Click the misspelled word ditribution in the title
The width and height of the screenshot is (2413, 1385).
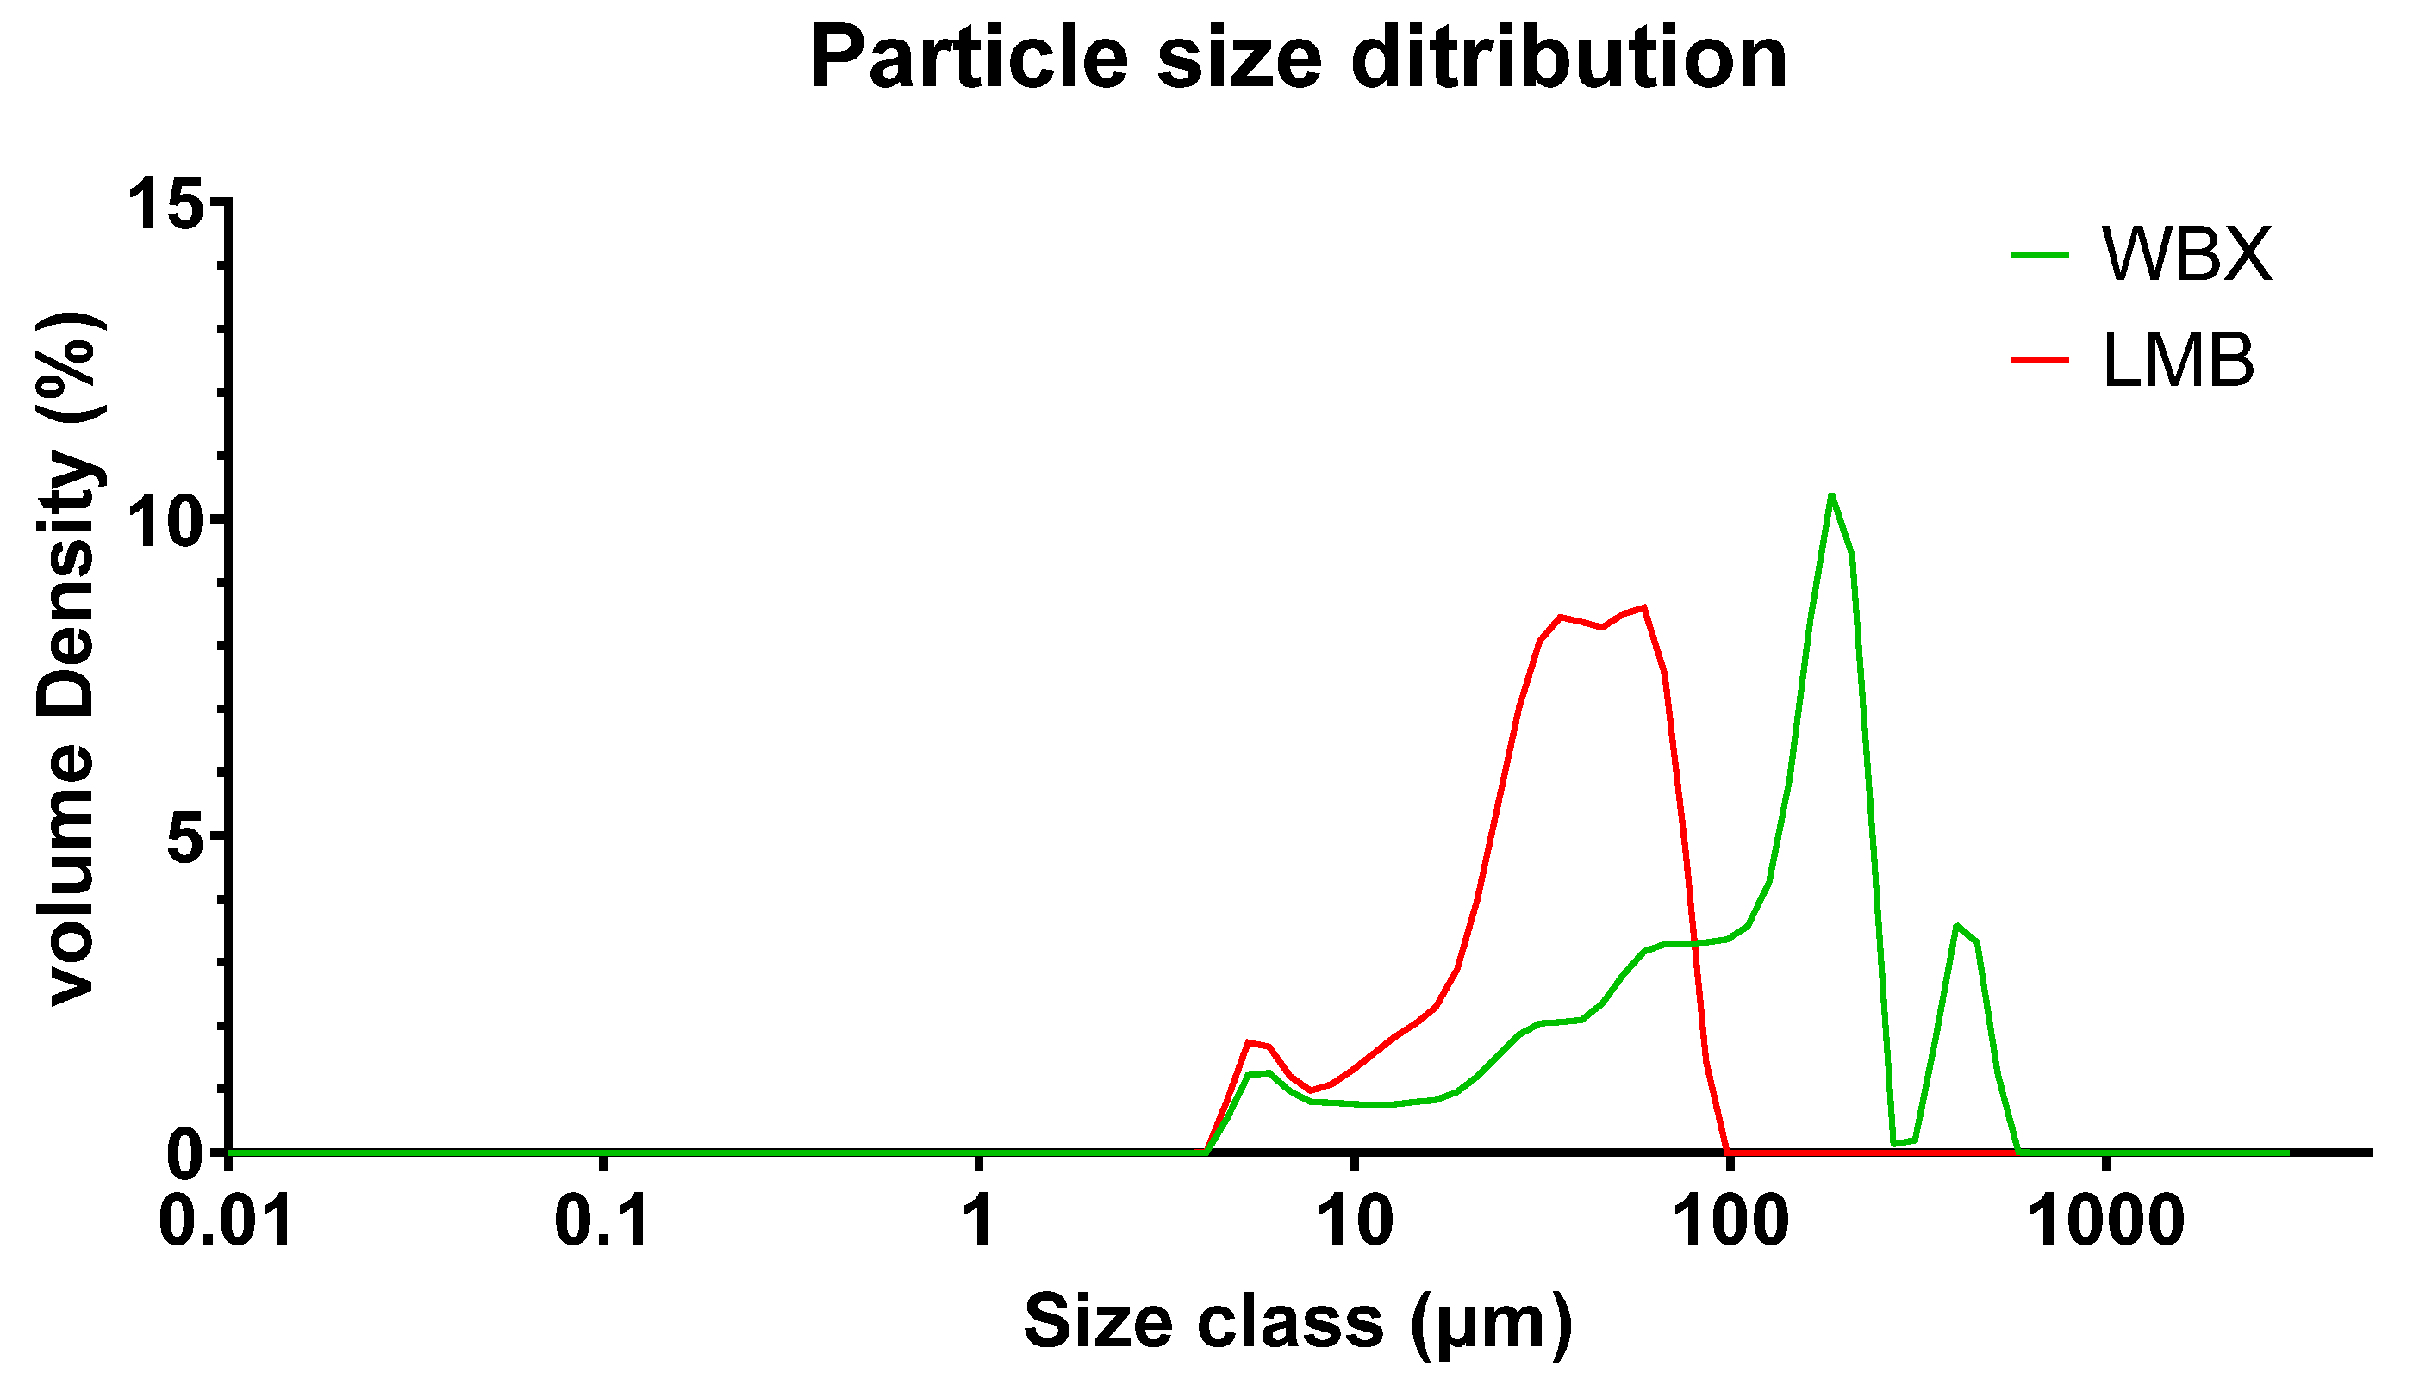(x=1569, y=59)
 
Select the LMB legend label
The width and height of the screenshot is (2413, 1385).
(x=2179, y=362)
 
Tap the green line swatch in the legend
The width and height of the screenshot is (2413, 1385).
(x=2040, y=254)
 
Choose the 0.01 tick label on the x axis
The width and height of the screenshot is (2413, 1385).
(x=227, y=1221)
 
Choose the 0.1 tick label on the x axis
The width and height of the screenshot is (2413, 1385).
(x=602, y=1221)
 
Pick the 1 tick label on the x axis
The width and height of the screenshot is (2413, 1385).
(x=978, y=1221)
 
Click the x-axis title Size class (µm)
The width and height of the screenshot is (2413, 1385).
(x=1298, y=1322)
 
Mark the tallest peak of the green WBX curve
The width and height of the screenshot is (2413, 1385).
(x=1830, y=495)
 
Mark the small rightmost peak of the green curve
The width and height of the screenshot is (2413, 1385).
(x=1956, y=926)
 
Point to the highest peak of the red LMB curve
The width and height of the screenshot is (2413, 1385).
(x=1643, y=607)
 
